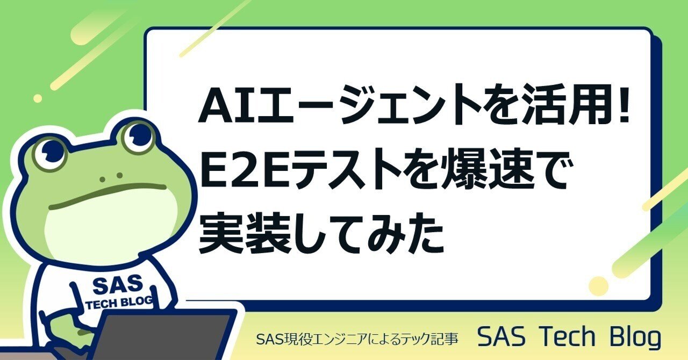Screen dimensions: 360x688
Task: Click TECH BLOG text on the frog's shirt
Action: point(120,303)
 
